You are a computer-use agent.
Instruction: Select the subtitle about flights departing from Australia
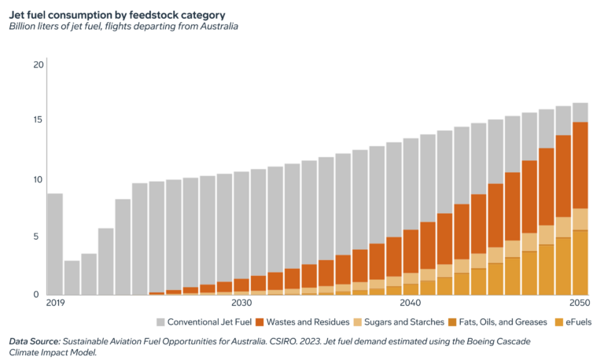pyautogui.click(x=123, y=26)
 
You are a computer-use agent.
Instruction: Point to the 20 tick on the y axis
pyautogui.click(x=39, y=64)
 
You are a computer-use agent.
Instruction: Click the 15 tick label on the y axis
pyautogui.click(x=39, y=120)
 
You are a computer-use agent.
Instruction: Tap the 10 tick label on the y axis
pyautogui.click(x=39, y=180)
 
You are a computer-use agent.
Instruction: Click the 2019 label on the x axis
pyautogui.click(x=55, y=303)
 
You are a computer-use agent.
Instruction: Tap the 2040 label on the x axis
pyautogui.click(x=410, y=303)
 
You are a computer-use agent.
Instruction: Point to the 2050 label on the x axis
pyautogui.click(x=579, y=303)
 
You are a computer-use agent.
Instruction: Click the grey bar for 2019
pyautogui.click(x=55, y=244)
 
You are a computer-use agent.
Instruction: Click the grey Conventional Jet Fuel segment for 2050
pyautogui.click(x=580, y=112)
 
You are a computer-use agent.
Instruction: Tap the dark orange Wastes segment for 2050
pyautogui.click(x=580, y=165)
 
